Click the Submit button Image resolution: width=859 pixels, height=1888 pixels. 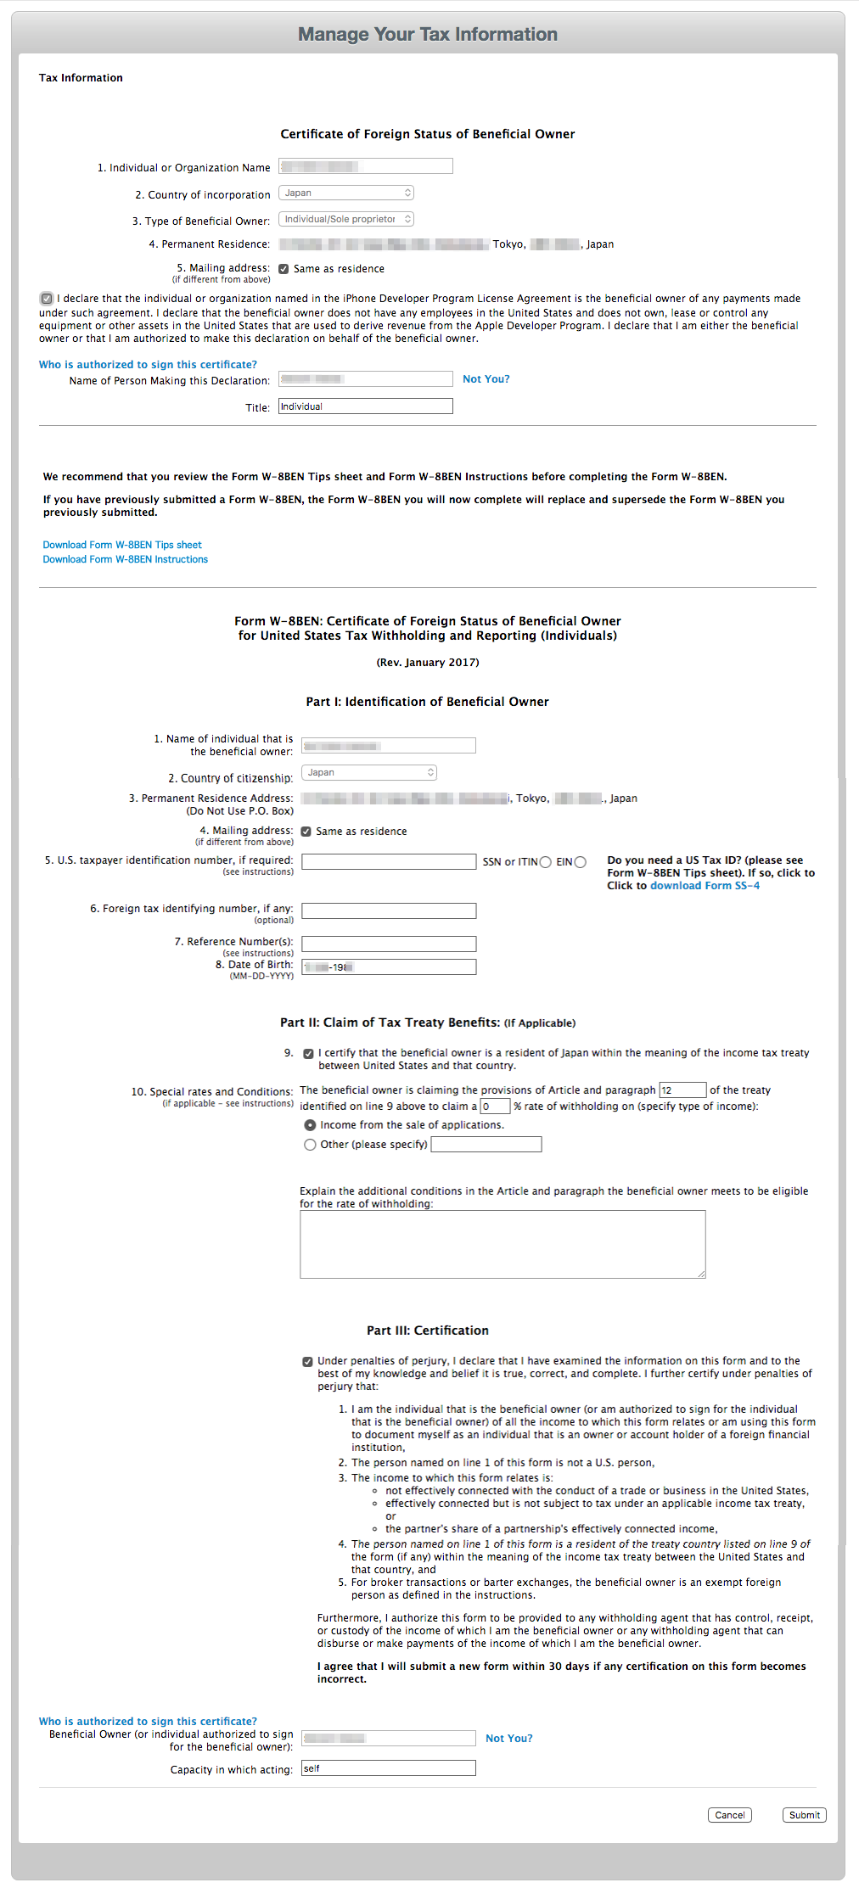pyautogui.click(x=804, y=1815)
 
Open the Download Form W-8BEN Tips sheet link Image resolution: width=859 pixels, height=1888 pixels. pyautogui.click(x=122, y=545)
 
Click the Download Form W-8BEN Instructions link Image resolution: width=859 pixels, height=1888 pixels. pyautogui.click(x=126, y=559)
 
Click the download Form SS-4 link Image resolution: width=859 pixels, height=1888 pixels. pyautogui.click(x=705, y=886)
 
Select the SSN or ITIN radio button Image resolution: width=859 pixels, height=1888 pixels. pyautogui.click(x=546, y=862)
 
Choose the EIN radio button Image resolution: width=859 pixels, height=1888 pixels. pyautogui.click(x=581, y=862)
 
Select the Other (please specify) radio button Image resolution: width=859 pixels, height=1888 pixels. pyautogui.click(x=310, y=1145)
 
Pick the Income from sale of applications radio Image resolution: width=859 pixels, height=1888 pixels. pyautogui.click(x=310, y=1125)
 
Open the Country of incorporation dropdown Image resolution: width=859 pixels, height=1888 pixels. pyautogui.click(x=346, y=193)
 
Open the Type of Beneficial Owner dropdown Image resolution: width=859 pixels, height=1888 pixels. pyautogui.click(x=346, y=219)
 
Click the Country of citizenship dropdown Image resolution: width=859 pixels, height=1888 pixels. pyautogui.click(x=369, y=772)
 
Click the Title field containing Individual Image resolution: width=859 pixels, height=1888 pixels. pyautogui.click(x=366, y=406)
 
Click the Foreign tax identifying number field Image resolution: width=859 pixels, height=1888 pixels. pyautogui.click(x=389, y=910)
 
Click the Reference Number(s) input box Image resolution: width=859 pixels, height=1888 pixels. pyautogui.click(x=389, y=944)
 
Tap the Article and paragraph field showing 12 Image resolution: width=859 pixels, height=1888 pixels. pyautogui.click(x=682, y=1090)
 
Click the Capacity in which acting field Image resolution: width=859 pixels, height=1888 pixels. pyautogui.click(x=389, y=1768)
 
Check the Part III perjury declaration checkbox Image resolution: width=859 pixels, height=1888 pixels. pyautogui.click(x=307, y=1362)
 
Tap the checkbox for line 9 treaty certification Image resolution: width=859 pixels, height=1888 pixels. pyautogui.click(x=308, y=1054)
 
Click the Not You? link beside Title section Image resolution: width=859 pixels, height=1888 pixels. pyautogui.click(x=486, y=379)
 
